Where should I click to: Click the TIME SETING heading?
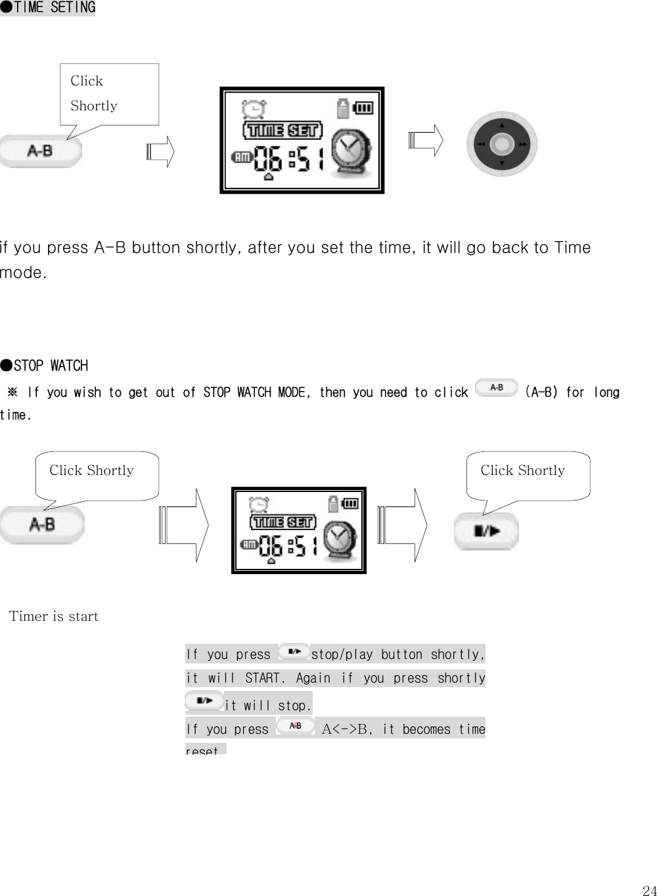click(x=48, y=8)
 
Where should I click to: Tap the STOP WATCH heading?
click(x=44, y=365)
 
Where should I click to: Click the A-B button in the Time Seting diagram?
click(x=41, y=151)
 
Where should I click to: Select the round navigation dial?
click(x=502, y=144)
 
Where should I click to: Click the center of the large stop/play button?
click(x=486, y=531)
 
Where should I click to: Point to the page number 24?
click(x=649, y=891)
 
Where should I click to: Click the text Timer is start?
click(x=54, y=616)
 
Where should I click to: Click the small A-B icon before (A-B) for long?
click(x=496, y=388)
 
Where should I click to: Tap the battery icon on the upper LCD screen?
click(x=363, y=107)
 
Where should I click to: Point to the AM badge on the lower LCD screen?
click(x=250, y=544)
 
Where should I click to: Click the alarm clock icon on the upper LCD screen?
click(x=251, y=108)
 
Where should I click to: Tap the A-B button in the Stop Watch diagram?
click(x=42, y=525)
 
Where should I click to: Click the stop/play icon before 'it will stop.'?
click(x=204, y=702)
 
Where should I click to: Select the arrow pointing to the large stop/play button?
click(x=403, y=526)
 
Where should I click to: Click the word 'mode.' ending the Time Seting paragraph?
click(x=24, y=273)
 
